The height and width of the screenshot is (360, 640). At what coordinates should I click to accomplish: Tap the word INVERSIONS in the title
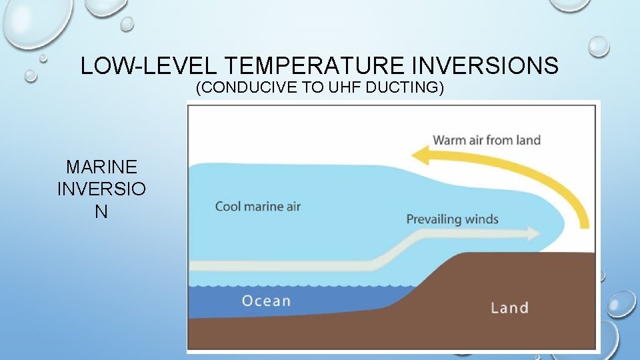(484, 66)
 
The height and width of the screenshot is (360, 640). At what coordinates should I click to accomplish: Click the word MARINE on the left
(101, 167)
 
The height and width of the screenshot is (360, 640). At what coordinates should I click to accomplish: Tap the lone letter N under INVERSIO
(101, 211)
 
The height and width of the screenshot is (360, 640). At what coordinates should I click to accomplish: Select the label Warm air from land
(487, 140)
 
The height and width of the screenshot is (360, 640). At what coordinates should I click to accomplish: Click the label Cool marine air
(257, 206)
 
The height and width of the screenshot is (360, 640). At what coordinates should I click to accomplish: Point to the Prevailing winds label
(452, 219)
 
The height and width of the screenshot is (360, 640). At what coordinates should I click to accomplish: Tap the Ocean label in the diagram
(266, 301)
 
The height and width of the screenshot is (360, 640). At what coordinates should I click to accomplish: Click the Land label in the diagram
(509, 307)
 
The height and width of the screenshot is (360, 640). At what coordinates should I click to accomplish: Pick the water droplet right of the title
(599, 45)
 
